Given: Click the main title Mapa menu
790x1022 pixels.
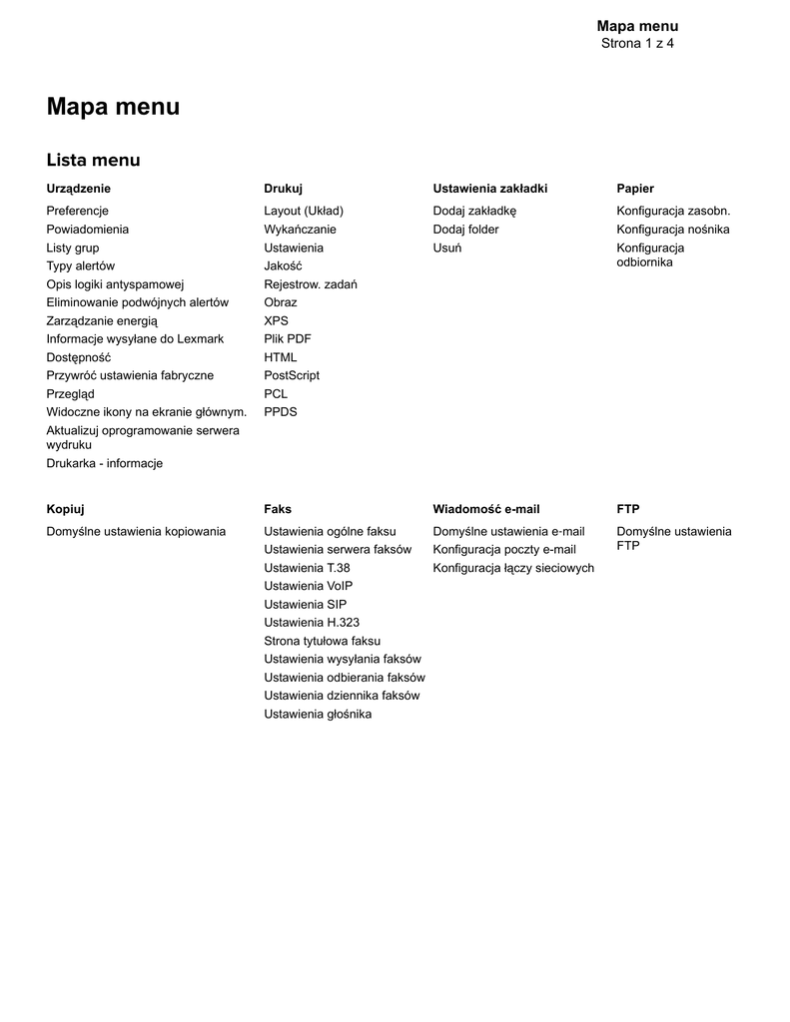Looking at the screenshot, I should tap(113, 107).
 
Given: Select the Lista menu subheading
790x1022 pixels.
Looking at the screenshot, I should tap(93, 160).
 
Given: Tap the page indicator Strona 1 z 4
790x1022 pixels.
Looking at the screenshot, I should tap(637, 43).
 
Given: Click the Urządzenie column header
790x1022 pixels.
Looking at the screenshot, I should tap(79, 189).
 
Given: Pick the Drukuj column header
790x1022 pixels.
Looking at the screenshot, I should tap(283, 189).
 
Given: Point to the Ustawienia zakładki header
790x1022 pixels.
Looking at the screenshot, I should tap(489, 189).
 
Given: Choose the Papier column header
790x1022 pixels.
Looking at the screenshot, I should tap(635, 189).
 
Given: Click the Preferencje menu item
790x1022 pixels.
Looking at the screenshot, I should tap(77, 211).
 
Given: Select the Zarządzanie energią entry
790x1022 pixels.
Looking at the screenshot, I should tap(102, 320).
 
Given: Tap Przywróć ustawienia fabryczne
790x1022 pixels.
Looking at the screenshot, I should tap(130, 375).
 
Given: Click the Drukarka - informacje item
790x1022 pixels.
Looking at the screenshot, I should tap(104, 463).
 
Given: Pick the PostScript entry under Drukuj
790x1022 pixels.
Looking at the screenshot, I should tap(292, 375).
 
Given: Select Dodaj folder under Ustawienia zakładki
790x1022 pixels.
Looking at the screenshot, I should tap(465, 230).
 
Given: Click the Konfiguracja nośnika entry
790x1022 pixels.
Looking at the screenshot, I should tap(672, 230).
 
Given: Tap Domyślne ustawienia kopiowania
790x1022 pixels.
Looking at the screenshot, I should tap(136, 531).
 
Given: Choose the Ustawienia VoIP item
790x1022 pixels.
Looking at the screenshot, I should tap(308, 586).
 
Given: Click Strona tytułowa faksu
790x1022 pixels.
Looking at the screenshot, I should tap(322, 641).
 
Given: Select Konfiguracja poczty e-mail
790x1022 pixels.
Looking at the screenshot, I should tap(503, 549).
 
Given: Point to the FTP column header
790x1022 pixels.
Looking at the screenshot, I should tap(627, 509).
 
